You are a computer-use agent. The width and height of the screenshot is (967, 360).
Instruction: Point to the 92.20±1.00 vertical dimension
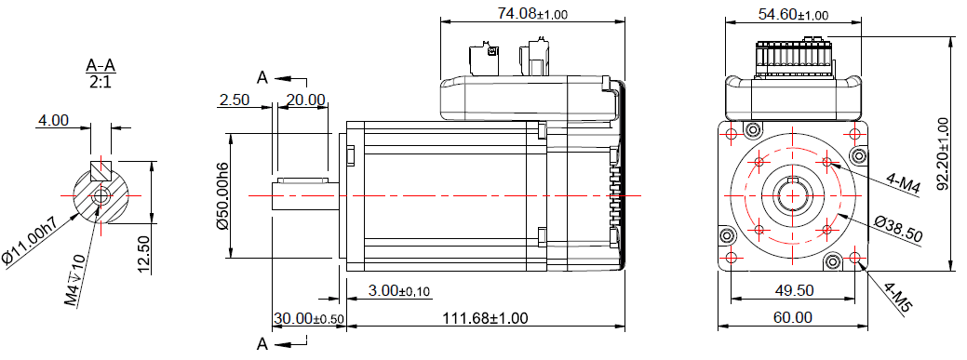(942, 153)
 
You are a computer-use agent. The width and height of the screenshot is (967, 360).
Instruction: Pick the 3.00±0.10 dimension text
(399, 290)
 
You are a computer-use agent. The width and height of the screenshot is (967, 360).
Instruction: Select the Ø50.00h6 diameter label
(222, 197)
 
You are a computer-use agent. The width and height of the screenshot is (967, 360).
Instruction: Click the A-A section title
(101, 65)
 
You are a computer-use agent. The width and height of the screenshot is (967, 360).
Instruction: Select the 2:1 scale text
(101, 82)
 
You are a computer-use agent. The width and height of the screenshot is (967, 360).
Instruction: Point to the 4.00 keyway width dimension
(53, 119)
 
